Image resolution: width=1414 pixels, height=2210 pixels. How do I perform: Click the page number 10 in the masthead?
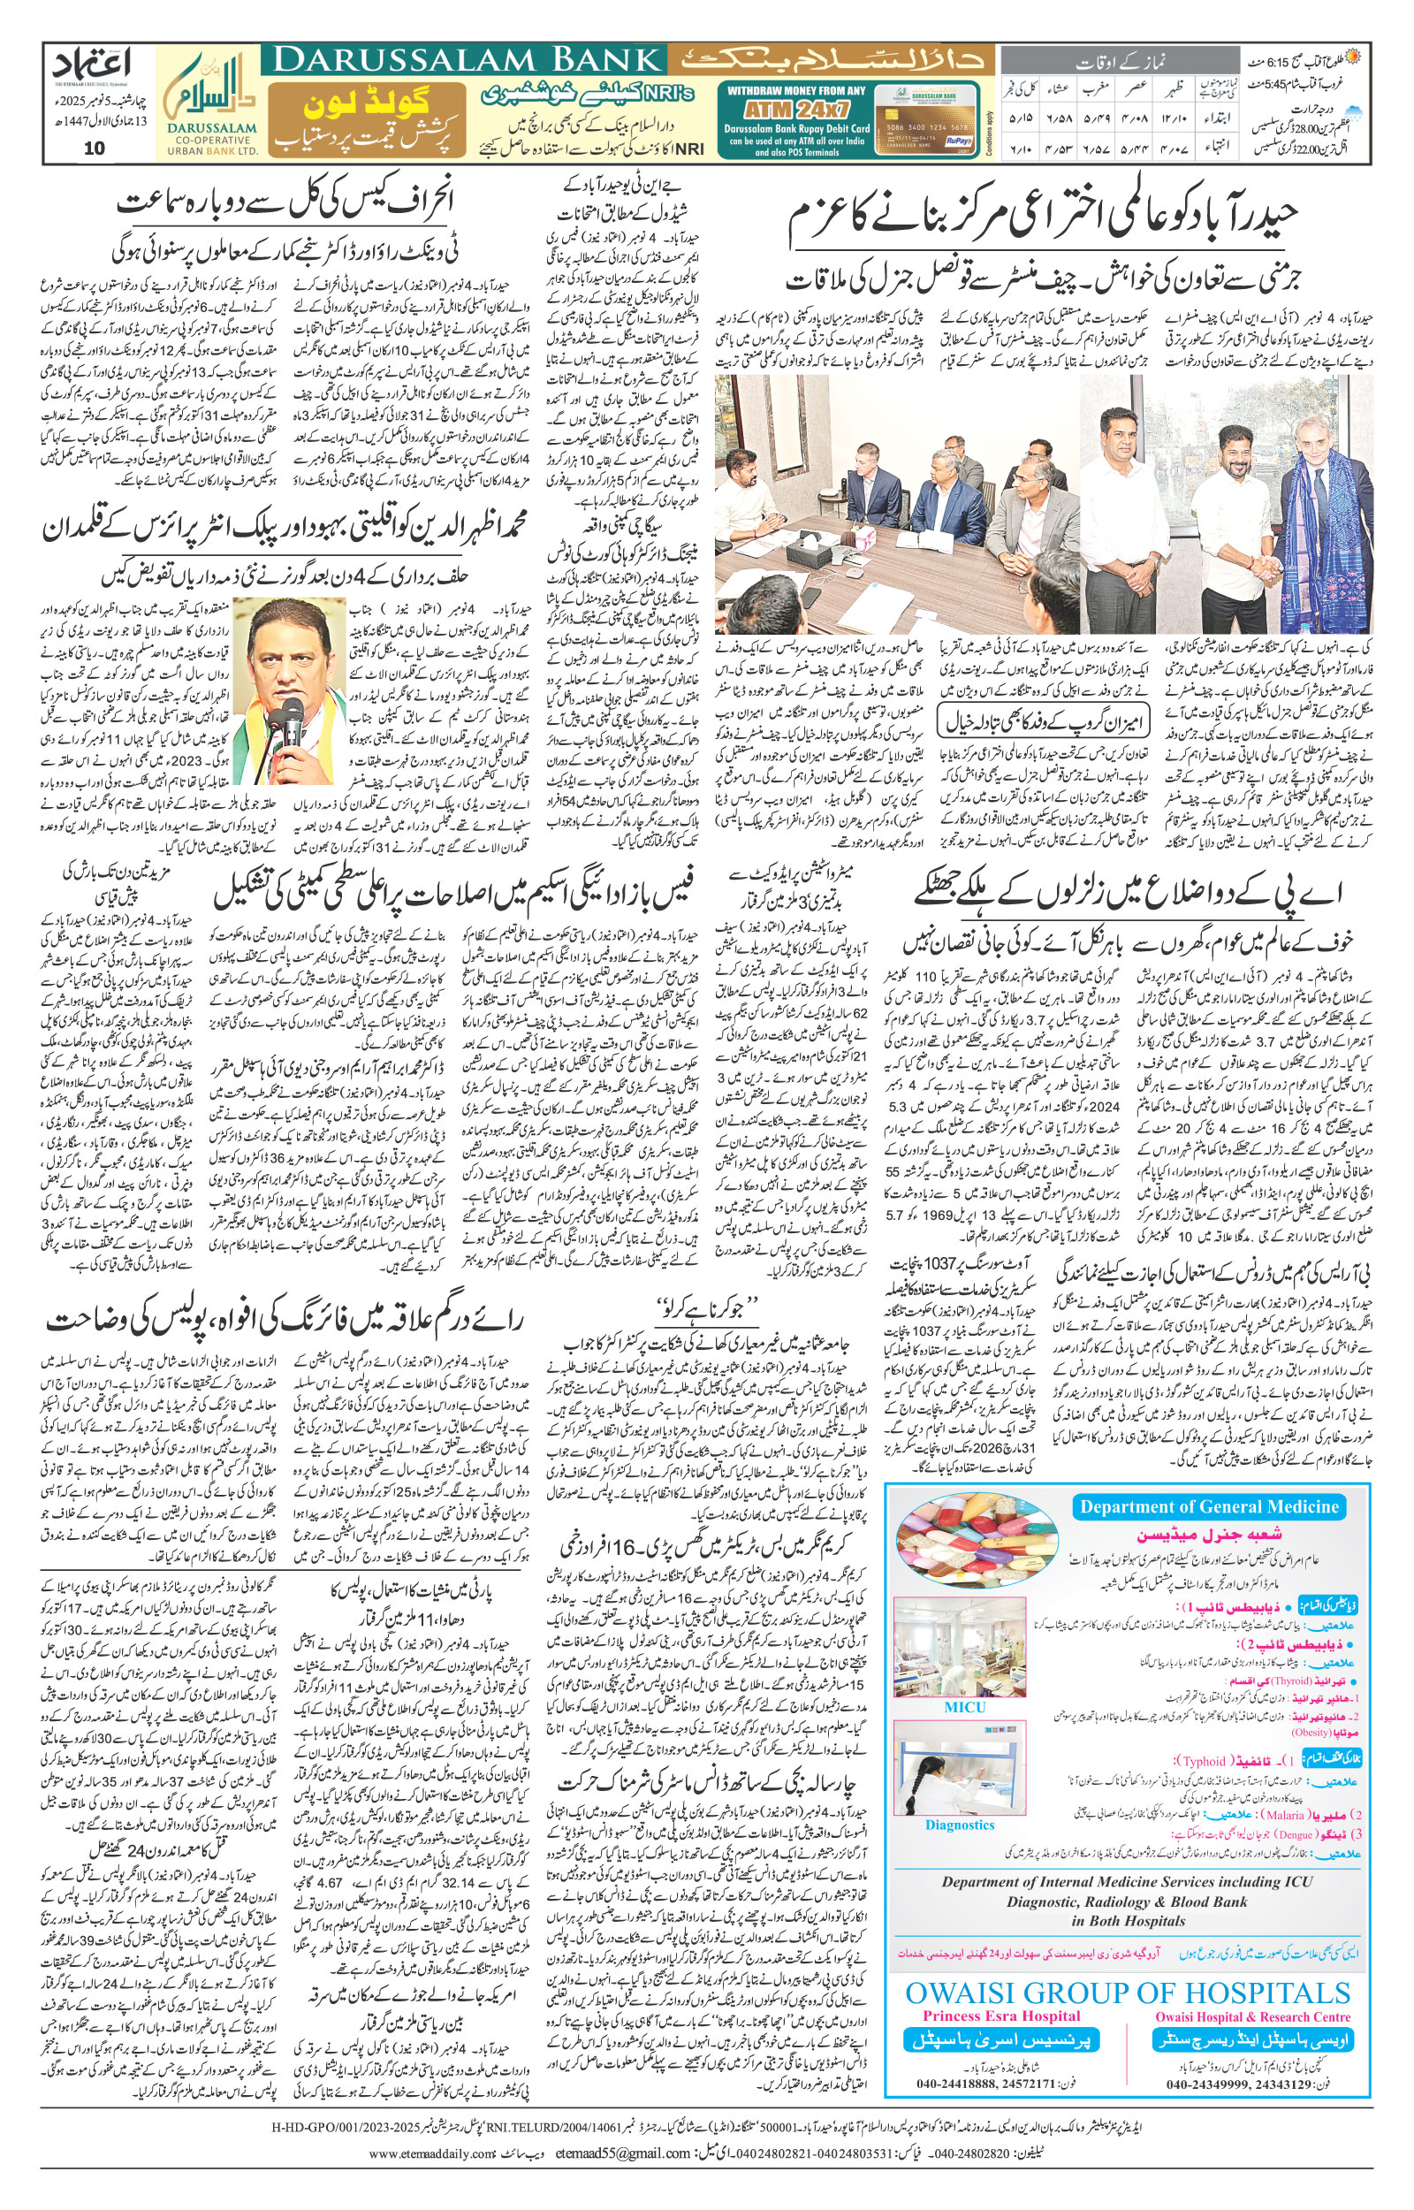(95, 149)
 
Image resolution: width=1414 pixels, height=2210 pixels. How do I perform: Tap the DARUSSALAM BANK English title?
(468, 61)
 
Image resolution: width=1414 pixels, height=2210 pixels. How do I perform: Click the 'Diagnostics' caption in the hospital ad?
(960, 1825)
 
